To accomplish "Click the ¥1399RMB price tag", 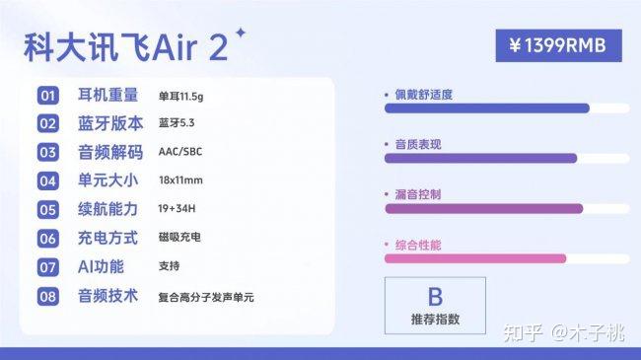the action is click(558, 45).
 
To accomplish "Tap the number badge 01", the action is click(48, 96).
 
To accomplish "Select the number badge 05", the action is click(48, 210).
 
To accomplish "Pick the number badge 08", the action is click(48, 296).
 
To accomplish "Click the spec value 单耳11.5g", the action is click(180, 97).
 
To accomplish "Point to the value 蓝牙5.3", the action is click(177, 123).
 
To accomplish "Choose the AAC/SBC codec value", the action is click(180, 152).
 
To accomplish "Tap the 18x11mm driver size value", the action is click(180, 180).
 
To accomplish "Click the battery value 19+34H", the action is click(177, 209).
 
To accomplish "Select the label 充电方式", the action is click(107, 238).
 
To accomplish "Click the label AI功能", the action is click(101, 266).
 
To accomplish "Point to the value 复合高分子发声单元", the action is click(206, 298).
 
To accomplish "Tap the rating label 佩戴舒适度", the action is click(423, 95).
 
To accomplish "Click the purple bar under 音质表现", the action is click(481, 159).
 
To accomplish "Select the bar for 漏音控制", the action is click(484, 209).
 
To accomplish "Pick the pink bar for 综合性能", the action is click(475, 258).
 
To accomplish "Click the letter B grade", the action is click(435, 297).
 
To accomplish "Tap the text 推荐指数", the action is click(435, 320).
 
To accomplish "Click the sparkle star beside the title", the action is click(241, 33).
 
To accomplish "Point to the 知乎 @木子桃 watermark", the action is click(564, 332).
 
